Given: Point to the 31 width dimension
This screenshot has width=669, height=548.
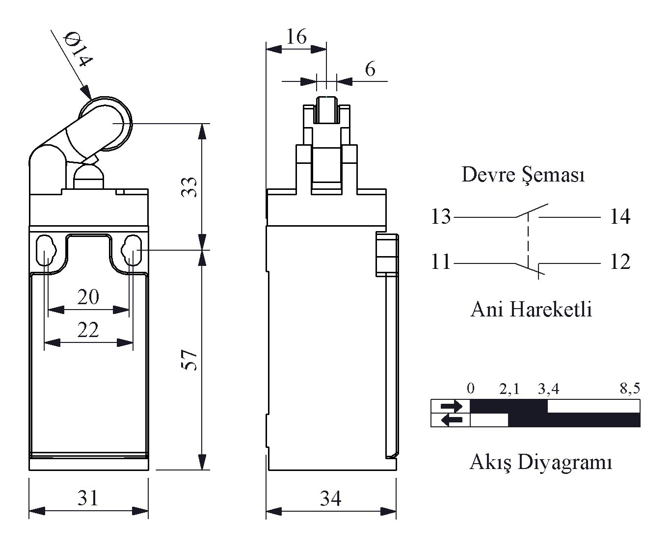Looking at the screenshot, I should click(x=88, y=498).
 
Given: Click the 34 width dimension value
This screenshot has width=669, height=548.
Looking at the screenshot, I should click(x=331, y=498).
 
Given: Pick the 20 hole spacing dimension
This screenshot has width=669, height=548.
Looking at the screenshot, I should click(x=88, y=297).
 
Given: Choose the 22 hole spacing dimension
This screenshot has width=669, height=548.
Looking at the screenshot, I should click(x=88, y=330).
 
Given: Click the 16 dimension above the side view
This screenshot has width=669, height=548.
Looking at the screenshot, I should click(x=296, y=36).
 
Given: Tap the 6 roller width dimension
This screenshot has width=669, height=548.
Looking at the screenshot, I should click(x=370, y=69).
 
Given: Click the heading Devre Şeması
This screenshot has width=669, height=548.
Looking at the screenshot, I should click(x=523, y=175).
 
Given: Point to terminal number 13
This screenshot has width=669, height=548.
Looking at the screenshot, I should click(x=440, y=216).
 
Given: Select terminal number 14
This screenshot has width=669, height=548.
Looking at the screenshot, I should click(x=620, y=216).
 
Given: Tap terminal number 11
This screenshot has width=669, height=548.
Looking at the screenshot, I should click(x=440, y=262).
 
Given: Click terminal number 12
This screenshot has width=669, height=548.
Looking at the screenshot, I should click(x=620, y=262).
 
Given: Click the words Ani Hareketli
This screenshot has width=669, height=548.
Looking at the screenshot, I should click(x=531, y=310).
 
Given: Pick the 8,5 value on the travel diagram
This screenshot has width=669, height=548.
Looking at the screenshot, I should click(x=630, y=389).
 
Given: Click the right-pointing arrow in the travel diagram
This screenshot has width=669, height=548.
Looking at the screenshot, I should click(x=451, y=406).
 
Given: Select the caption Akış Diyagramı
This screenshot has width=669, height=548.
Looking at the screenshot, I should click(x=541, y=462).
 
